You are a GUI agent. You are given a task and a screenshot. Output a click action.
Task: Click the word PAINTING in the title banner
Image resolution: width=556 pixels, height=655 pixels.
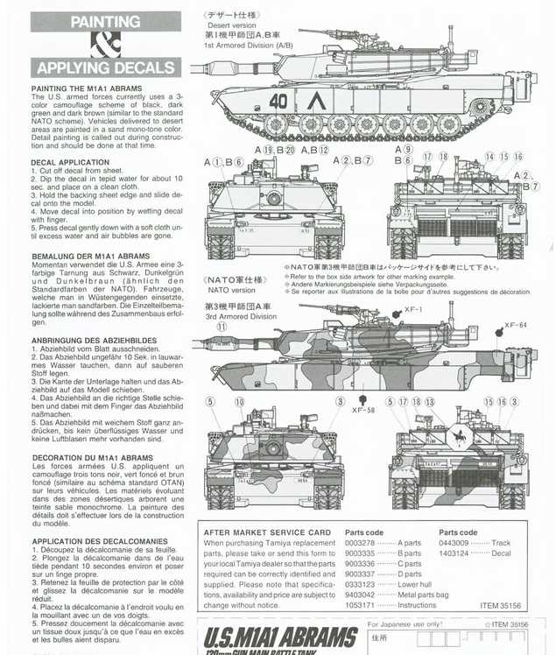(x=105, y=21)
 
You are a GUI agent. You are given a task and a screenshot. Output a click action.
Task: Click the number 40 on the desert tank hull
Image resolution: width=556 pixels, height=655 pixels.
(x=278, y=101)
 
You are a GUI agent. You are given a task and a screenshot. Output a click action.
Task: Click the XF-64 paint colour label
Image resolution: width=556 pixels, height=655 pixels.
(x=517, y=325)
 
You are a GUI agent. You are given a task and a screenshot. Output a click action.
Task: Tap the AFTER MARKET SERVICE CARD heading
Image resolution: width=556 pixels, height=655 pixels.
(x=266, y=532)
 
